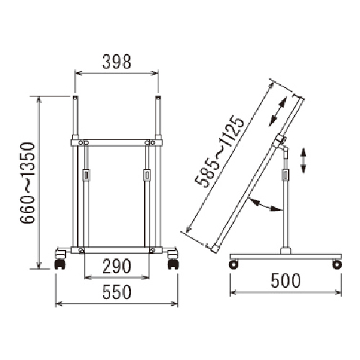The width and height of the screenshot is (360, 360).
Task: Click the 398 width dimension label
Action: coord(117,62)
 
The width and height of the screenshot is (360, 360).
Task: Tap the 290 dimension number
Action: coord(117,266)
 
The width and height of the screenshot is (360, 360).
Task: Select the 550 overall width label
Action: coord(117,292)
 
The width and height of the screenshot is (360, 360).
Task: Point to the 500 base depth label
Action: coord(286,281)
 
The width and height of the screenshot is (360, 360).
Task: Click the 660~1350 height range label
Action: coord(27,183)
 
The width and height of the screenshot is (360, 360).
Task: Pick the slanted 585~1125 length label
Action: coord(220,152)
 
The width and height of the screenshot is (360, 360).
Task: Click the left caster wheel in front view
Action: coord(60,264)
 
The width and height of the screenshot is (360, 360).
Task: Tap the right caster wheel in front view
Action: coord(174,264)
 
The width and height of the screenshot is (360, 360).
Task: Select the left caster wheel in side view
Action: coord(234,264)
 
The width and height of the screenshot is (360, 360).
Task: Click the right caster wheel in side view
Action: coord(337,264)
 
